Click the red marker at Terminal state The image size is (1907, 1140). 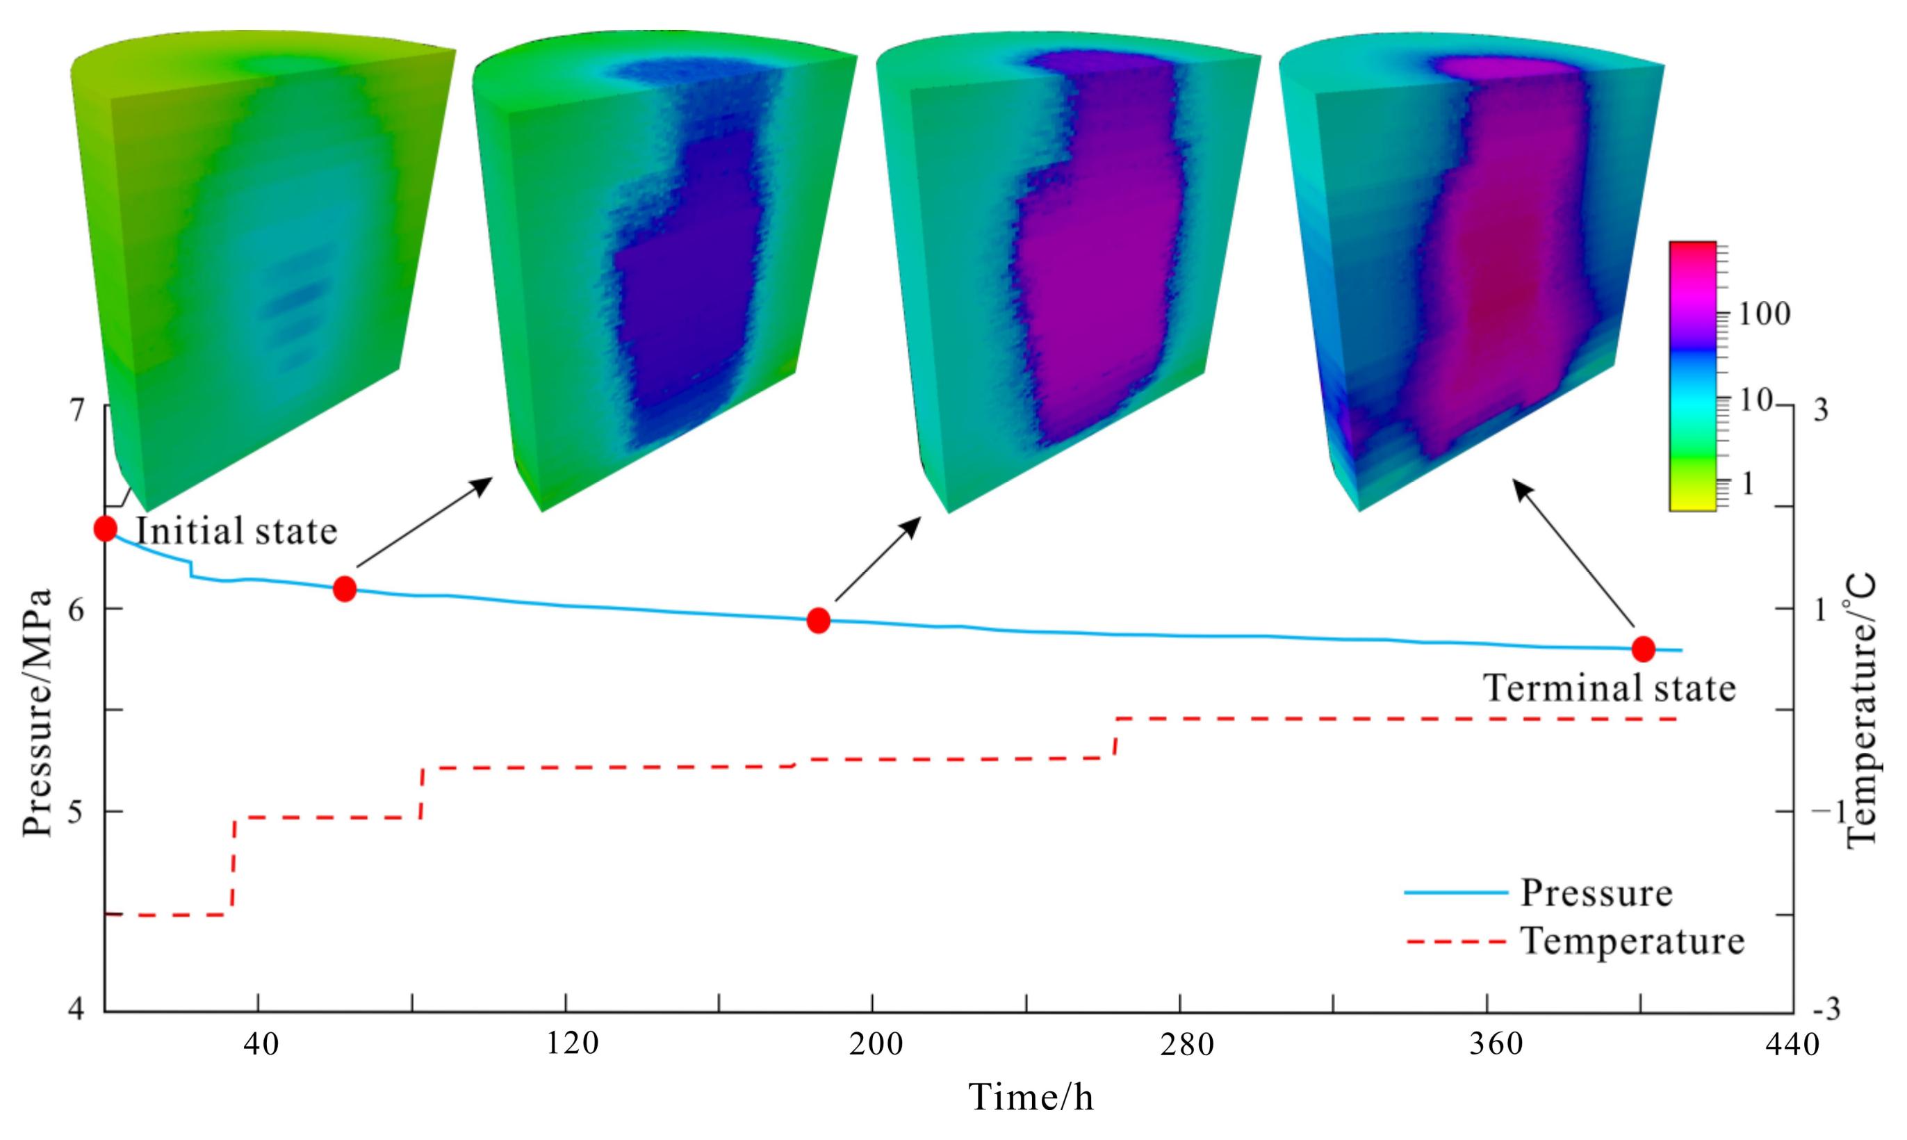[1643, 649]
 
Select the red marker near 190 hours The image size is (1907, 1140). [819, 620]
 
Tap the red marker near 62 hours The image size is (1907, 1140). [345, 589]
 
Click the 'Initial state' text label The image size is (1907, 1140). [236, 532]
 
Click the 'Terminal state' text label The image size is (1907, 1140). [1609, 687]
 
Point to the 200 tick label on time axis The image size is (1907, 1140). [876, 1044]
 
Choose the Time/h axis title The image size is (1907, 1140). [1031, 1097]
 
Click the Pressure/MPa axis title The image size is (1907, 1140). [37, 710]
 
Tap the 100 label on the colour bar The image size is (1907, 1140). [1764, 313]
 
